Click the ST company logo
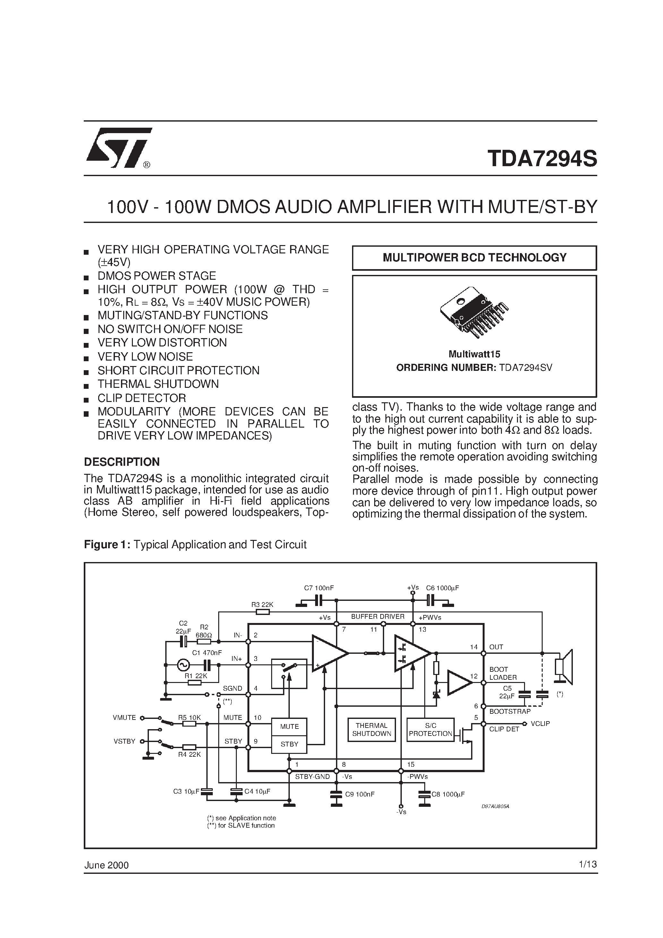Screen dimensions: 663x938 coord(118,148)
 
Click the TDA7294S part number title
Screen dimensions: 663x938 coord(542,159)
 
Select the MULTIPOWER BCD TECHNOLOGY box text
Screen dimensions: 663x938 coord(474,258)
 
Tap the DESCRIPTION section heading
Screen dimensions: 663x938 coord(122,462)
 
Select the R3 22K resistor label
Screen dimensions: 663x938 coord(262,605)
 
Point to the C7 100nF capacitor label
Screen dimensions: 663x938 coord(319,588)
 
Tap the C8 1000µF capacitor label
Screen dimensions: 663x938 coord(448,795)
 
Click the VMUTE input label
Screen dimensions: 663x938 coord(124,717)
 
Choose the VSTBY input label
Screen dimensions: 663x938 coord(124,741)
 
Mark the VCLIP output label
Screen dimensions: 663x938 coord(540,723)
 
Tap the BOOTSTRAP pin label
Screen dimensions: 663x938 coord(510,711)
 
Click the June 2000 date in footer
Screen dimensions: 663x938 coord(106,865)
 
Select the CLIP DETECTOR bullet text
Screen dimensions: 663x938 coord(142,398)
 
